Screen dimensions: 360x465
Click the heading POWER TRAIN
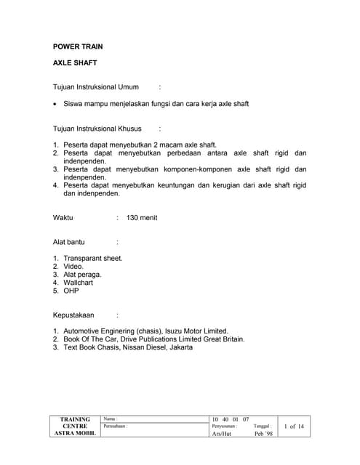click(x=77, y=46)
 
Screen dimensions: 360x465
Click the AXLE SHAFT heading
click(x=75, y=63)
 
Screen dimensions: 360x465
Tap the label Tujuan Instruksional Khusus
click(x=97, y=129)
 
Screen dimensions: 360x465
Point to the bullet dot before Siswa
click(x=56, y=104)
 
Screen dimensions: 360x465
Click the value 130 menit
click(x=142, y=218)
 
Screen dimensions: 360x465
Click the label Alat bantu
click(x=69, y=242)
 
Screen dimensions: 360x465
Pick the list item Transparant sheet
click(x=92, y=258)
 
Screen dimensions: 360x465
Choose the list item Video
click(x=73, y=267)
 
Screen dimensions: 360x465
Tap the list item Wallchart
click(x=78, y=283)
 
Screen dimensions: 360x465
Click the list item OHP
click(x=71, y=291)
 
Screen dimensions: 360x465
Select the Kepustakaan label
click(x=75, y=315)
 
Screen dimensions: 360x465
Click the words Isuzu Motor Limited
click(x=198, y=331)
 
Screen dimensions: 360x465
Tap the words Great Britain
click(x=221, y=339)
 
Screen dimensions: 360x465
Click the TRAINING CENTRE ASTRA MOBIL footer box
click(x=75, y=426)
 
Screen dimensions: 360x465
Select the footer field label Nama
click(x=110, y=419)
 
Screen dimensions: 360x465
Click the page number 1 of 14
click(x=294, y=426)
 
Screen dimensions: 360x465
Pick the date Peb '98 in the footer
click(x=263, y=434)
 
